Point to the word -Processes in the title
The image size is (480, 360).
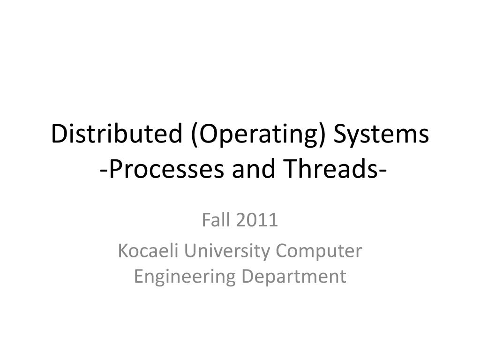[x=163, y=169]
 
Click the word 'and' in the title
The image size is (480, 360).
[x=253, y=169]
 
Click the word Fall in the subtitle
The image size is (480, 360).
[x=214, y=220]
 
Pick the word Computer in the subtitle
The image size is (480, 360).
[x=319, y=252]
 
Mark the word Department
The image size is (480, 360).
[x=294, y=277]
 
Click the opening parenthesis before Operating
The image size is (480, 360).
[x=194, y=135]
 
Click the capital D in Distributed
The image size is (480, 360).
[x=58, y=135]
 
